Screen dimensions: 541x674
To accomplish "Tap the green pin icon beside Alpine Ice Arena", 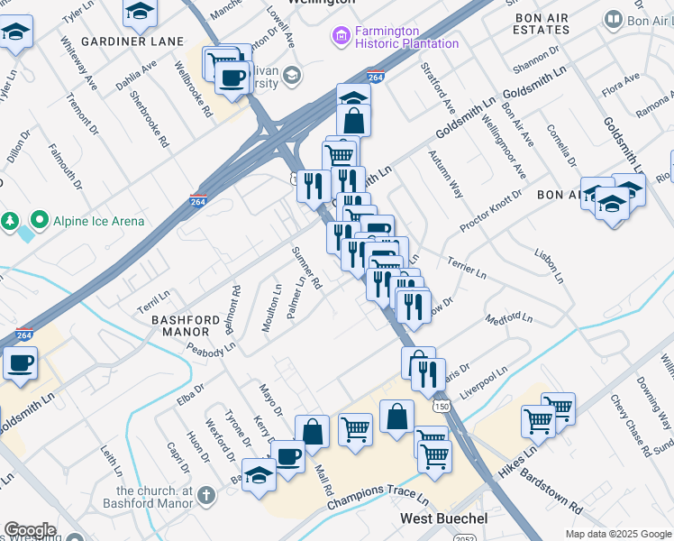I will (40, 220).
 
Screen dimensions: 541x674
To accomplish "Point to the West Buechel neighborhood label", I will (444, 519).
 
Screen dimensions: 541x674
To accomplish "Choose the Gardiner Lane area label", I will (144, 41).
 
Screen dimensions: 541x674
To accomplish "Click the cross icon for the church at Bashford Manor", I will (206, 494).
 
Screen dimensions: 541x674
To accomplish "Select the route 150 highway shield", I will (440, 407).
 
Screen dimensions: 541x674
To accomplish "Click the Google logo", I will (30, 530).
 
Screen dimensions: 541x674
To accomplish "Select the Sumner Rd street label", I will (306, 268).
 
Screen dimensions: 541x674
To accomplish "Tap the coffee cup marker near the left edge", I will (19, 363).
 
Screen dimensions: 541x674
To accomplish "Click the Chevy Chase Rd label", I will (628, 424).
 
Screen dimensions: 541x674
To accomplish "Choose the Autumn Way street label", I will (448, 177).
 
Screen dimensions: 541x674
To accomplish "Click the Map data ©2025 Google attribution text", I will (618, 534).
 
